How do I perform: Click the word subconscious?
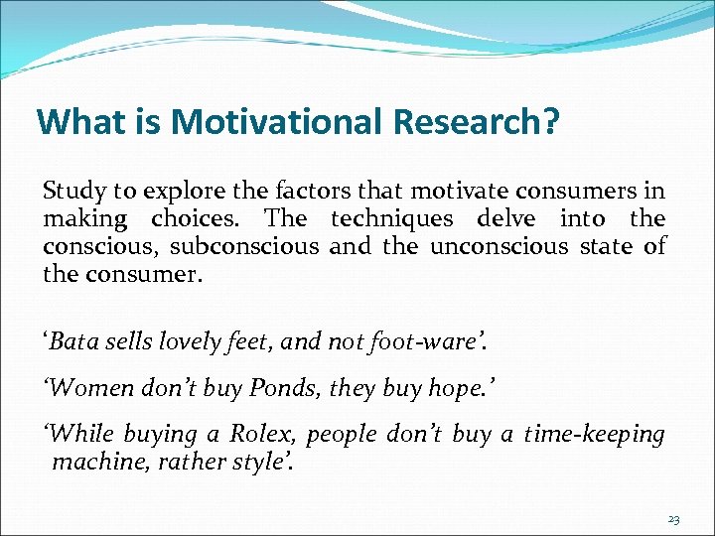pyautogui.click(x=244, y=246)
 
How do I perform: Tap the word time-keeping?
pyautogui.click(x=594, y=434)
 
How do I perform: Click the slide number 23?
pyautogui.click(x=672, y=519)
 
